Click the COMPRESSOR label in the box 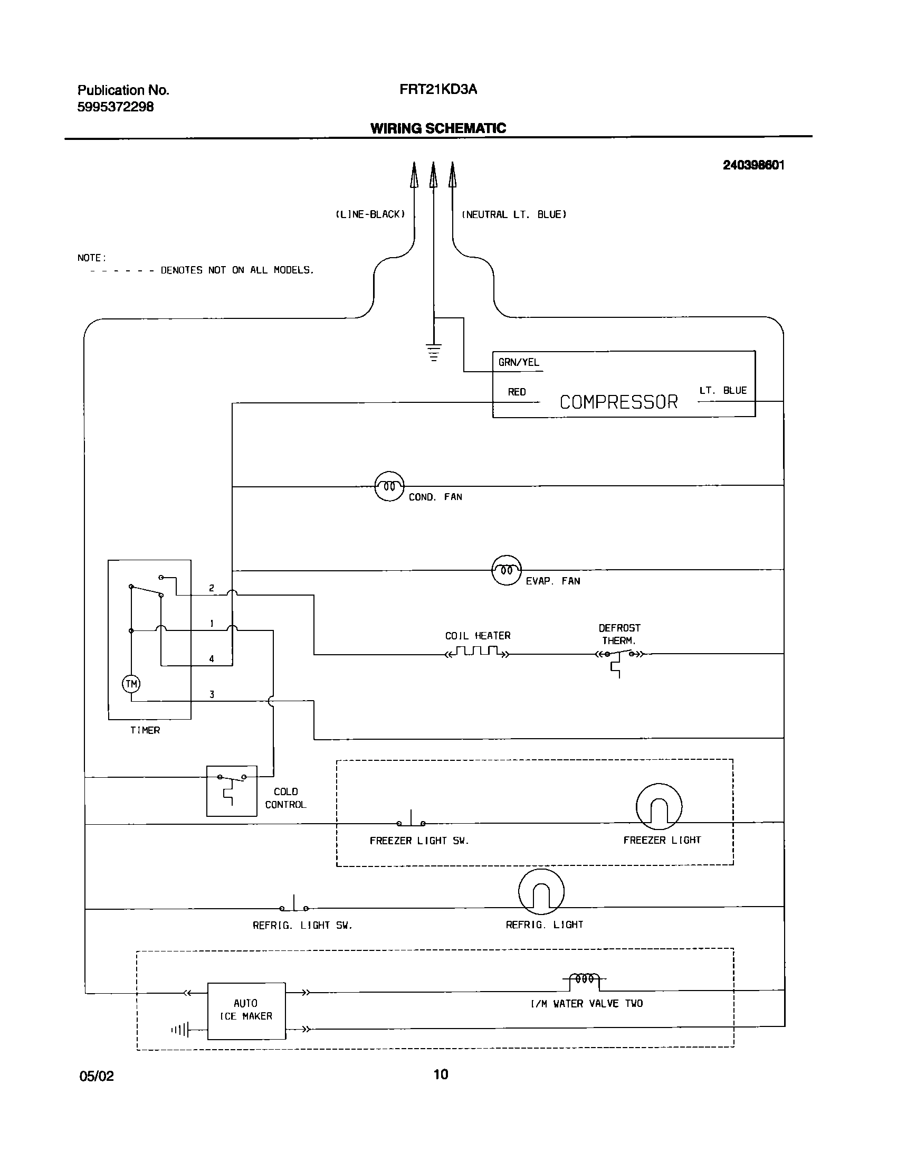pos(618,402)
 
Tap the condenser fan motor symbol pos(389,486)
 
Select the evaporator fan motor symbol pos(507,570)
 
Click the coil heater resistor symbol pos(478,652)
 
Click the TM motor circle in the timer pos(131,684)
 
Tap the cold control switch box pos(232,790)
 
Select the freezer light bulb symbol pos(659,806)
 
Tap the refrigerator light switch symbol pos(294,905)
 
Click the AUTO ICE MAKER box pos(246,1011)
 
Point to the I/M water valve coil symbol pos(585,979)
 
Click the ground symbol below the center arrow pos(434,353)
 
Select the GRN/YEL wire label pos(519,362)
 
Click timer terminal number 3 pos(212,694)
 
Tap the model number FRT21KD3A pos(438,89)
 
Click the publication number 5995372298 pos(116,107)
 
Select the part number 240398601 pos(753,165)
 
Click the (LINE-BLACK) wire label pos(370,214)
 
